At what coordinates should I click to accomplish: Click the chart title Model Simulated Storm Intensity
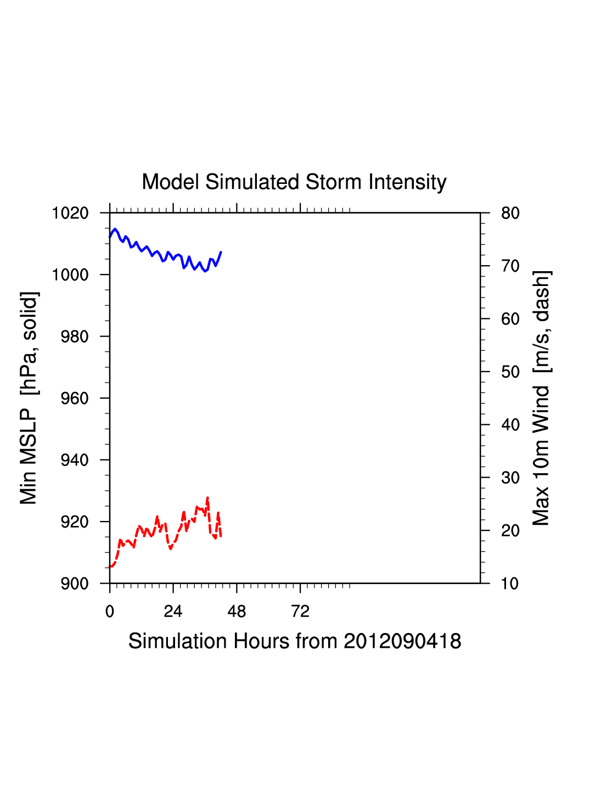(x=294, y=182)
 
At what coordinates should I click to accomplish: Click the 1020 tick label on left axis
(x=70, y=213)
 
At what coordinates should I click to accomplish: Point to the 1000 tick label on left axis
(x=70, y=274)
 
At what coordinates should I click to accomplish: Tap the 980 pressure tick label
(x=75, y=337)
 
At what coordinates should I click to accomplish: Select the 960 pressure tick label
(x=75, y=399)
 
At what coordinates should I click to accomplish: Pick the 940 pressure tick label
(x=75, y=460)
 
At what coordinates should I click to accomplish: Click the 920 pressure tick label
(x=75, y=522)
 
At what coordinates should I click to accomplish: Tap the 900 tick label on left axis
(x=75, y=584)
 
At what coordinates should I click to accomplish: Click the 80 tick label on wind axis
(x=510, y=213)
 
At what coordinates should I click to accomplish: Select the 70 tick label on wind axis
(x=510, y=266)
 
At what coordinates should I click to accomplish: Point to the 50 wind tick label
(x=510, y=372)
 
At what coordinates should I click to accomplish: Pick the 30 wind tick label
(x=510, y=478)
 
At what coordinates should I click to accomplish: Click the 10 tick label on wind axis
(x=510, y=584)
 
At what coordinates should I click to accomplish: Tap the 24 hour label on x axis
(x=173, y=612)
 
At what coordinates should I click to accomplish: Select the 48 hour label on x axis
(x=237, y=612)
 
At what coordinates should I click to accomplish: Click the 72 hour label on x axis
(x=300, y=612)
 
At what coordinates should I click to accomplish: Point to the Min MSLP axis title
(x=29, y=398)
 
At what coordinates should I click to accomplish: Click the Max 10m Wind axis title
(x=542, y=398)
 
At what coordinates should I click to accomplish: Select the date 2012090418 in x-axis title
(x=402, y=641)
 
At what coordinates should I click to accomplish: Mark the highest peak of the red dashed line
(x=207, y=498)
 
